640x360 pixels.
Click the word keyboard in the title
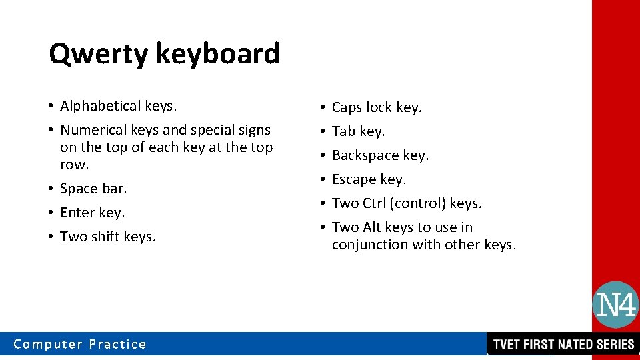[217, 54]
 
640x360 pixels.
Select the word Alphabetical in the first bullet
[99, 106]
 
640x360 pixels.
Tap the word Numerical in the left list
[89, 130]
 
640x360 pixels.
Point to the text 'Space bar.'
[93, 189]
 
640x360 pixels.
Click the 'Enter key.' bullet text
[93, 213]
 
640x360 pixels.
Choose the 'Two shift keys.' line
[108, 237]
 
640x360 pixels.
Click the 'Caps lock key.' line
[377, 107]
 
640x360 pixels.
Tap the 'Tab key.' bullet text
[359, 131]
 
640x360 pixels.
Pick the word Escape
[354, 179]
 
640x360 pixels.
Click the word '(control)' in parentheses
[419, 203]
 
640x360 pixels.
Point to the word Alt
[372, 227]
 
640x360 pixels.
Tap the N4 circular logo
[615, 305]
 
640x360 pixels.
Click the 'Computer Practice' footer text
[80, 344]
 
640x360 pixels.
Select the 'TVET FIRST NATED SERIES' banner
[563, 345]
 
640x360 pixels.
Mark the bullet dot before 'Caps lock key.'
[323, 107]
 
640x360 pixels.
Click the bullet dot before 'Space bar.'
[51, 189]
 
